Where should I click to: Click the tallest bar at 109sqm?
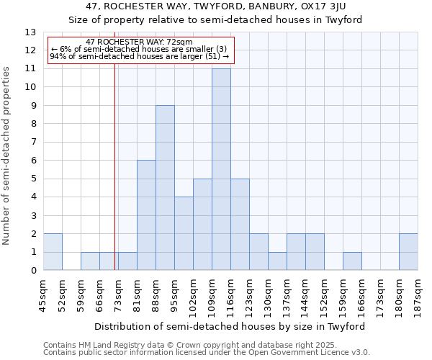pos(221,169)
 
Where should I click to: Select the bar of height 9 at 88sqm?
pos(165,188)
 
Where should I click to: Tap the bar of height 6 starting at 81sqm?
pos(146,215)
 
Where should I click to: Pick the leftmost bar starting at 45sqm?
pos(53,252)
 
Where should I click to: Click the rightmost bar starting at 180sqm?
pos(408,252)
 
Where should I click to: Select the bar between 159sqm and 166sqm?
pos(352,261)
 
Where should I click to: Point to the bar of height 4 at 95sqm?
pos(184,233)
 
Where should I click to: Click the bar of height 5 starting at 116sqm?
pos(240,225)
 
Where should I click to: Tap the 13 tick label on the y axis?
pos(30,32)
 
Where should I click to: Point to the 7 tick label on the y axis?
pos(33,143)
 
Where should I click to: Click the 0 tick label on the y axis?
pos(33,271)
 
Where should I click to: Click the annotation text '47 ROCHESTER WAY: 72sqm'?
pos(139,42)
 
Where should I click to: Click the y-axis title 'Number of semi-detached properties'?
pos(6,155)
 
